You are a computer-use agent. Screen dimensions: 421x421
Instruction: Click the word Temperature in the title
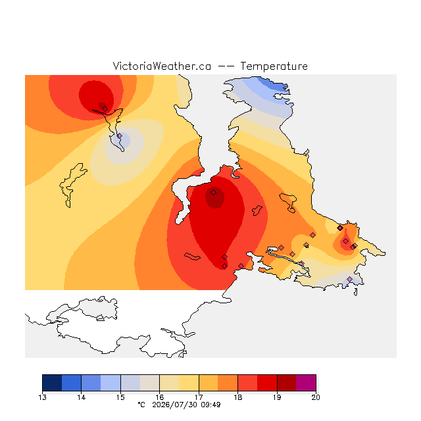coord(274,66)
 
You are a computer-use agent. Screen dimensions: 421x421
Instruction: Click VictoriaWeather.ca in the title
coord(162,66)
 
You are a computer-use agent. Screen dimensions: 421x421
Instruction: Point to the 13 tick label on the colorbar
coord(42,397)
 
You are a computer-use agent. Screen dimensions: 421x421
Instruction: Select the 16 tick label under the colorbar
coord(159,397)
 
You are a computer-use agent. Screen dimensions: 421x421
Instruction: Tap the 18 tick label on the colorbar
coord(237,397)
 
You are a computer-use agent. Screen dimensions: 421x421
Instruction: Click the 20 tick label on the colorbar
coord(316,397)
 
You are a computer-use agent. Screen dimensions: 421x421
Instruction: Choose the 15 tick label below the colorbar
coord(120,397)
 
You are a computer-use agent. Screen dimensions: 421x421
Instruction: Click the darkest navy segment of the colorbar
coord(52,383)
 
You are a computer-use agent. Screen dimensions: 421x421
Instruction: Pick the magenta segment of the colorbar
coord(306,383)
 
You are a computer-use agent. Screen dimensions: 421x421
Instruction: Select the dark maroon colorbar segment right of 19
coord(287,383)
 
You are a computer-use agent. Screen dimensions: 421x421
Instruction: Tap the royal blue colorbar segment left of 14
coord(72,383)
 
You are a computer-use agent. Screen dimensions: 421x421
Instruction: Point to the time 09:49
coord(210,405)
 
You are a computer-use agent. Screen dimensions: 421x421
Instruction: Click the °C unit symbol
coord(141,405)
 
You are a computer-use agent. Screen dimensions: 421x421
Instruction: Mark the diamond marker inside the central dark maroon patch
coord(213,192)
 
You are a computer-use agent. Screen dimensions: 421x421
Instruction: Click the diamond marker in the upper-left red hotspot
coord(105,109)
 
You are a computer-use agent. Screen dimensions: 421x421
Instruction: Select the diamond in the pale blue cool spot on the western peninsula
coord(120,136)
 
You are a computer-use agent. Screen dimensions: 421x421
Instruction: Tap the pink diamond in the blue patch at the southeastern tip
coord(349,279)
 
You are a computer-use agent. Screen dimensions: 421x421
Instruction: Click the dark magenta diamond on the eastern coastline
coord(340,228)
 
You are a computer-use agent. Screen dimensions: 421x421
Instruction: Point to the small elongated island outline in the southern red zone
coord(192,257)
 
